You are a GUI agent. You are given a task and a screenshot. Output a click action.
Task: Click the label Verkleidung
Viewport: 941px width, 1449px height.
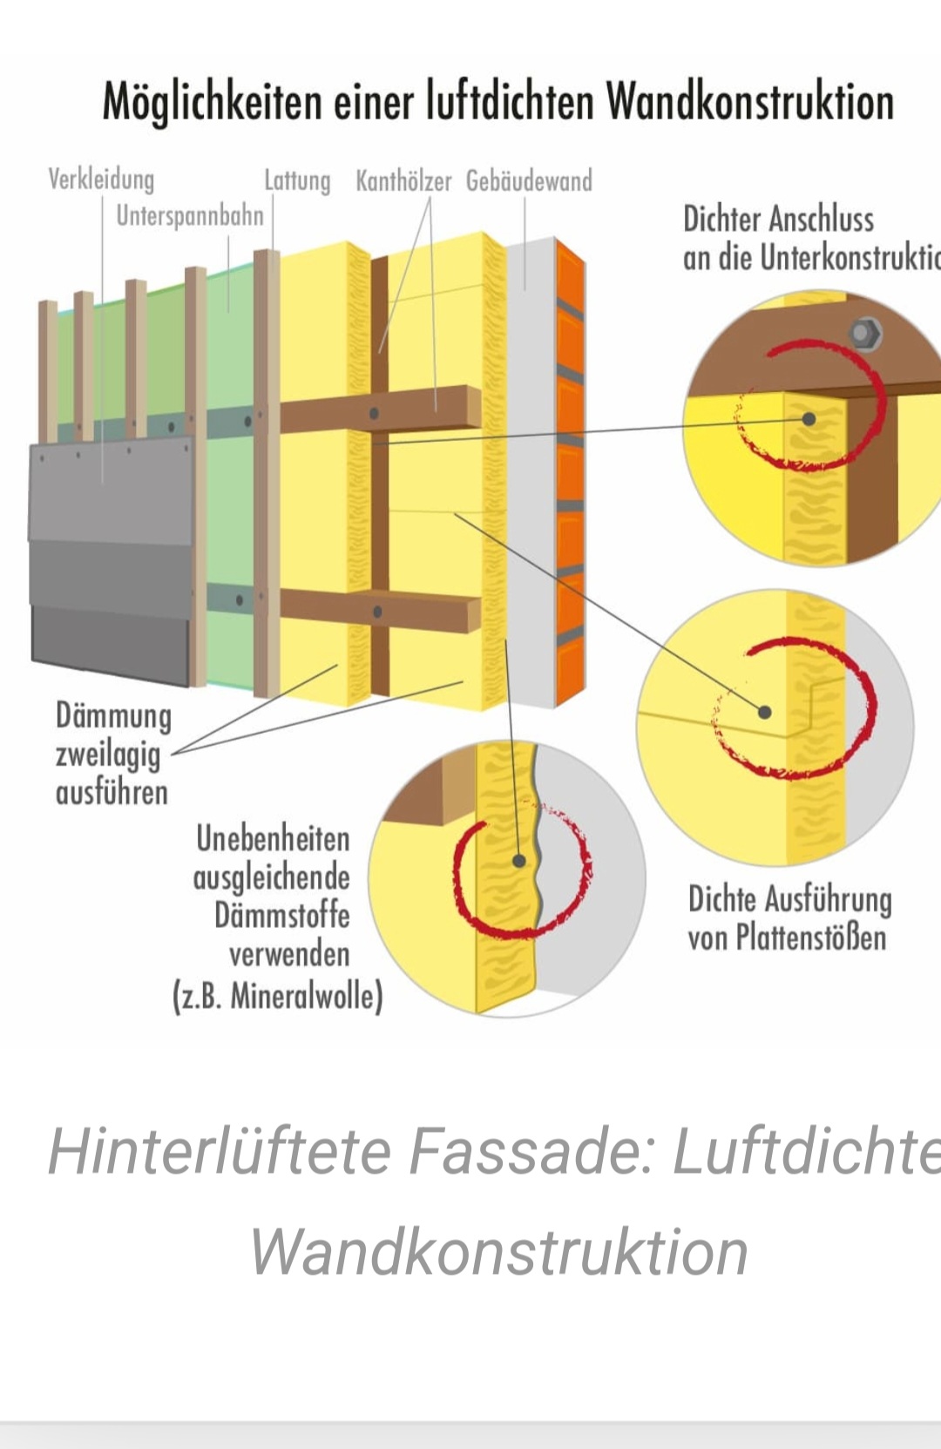[101, 179]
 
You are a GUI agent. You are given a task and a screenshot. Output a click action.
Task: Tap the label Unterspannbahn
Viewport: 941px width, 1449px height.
[189, 215]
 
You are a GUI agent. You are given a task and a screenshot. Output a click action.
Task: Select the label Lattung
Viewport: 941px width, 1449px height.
[297, 181]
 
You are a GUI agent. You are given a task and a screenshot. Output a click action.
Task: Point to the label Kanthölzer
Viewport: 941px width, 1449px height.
[403, 181]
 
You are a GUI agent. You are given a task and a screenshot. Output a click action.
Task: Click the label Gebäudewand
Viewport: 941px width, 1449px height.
[529, 181]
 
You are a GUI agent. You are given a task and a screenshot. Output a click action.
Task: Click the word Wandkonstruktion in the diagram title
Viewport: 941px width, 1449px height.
[750, 101]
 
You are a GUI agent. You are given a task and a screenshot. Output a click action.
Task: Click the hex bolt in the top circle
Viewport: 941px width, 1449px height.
[865, 333]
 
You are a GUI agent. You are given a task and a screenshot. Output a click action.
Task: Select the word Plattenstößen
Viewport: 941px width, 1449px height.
[810, 938]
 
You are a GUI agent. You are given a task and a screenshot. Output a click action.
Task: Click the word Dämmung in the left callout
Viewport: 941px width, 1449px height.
[113, 716]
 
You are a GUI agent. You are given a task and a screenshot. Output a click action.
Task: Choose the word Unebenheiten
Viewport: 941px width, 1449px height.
[273, 838]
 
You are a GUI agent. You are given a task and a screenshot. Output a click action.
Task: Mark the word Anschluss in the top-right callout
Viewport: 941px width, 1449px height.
[819, 219]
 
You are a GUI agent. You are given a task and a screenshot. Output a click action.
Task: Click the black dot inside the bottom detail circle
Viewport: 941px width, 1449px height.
[518, 861]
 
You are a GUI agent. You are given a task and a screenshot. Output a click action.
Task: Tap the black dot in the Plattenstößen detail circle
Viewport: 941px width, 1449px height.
[765, 712]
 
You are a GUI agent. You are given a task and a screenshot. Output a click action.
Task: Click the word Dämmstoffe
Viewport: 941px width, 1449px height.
[282, 916]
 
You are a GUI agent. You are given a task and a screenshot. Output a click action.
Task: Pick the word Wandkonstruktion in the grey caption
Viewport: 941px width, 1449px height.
[499, 1252]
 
